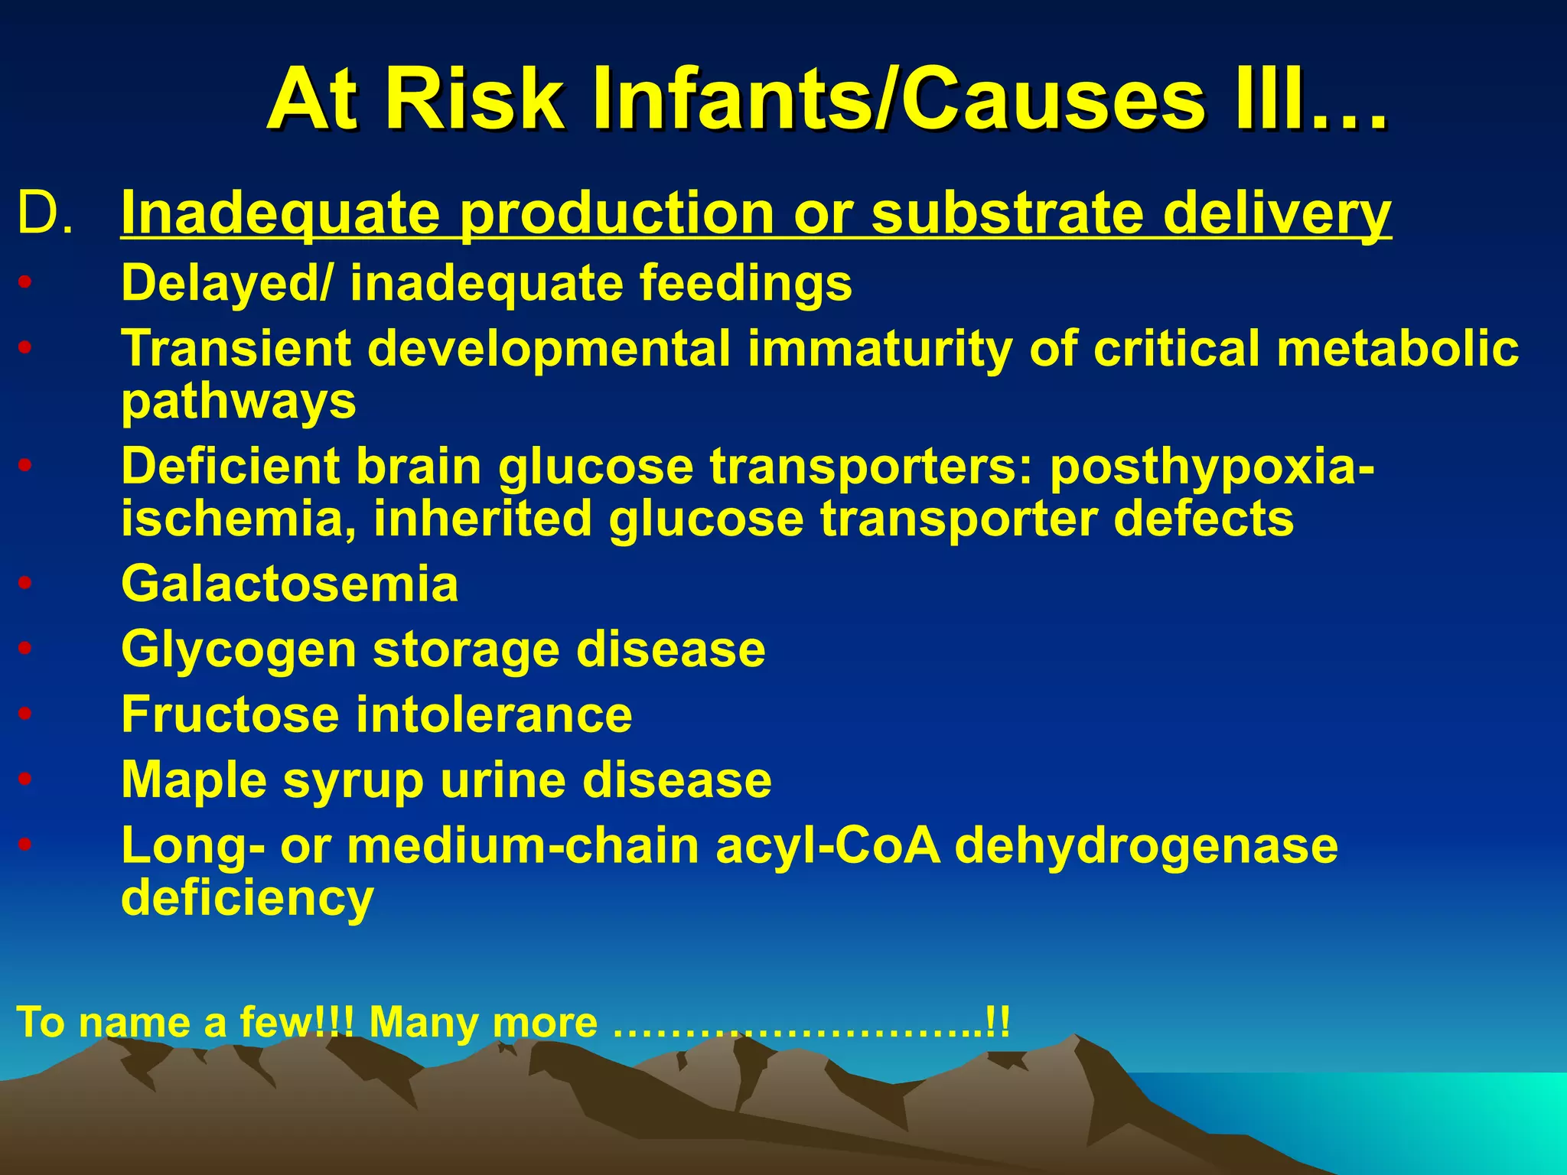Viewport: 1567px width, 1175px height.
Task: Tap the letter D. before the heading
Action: coord(46,213)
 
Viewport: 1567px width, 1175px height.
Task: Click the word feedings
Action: coord(745,283)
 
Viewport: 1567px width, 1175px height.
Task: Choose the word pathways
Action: coord(239,401)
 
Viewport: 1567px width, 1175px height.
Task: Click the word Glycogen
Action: coord(239,651)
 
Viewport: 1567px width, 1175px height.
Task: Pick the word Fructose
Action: coord(230,714)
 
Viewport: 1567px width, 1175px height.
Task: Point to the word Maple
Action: coord(194,780)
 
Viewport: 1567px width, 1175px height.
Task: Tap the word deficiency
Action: coord(247,898)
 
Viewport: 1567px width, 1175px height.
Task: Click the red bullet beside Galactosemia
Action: coord(25,584)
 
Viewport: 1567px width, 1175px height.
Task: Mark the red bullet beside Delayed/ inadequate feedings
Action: coord(25,284)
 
